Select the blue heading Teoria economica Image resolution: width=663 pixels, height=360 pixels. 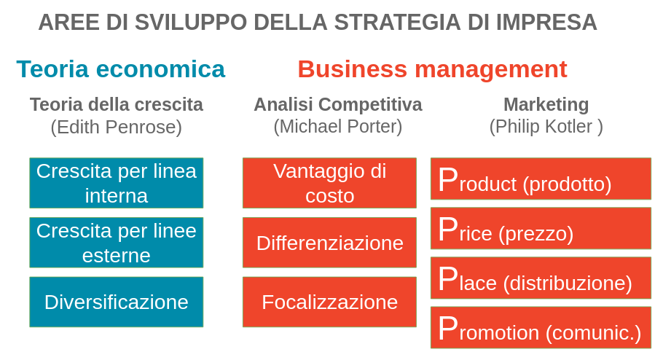tap(121, 69)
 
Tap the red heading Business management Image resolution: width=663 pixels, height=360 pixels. tap(432, 69)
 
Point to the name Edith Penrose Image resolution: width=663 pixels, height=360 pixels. tap(117, 127)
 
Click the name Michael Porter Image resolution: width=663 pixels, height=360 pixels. tap(338, 127)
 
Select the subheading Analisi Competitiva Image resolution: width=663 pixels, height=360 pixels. tap(338, 104)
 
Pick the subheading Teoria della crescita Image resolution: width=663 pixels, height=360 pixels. tap(117, 104)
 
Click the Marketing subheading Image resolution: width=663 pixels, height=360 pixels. tap(546, 105)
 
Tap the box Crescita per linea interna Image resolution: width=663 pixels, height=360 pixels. tap(117, 183)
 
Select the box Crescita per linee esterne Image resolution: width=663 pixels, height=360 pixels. tap(117, 243)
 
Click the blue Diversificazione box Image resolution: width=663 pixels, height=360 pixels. tap(117, 302)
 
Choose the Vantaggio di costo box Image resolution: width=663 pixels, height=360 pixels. tap(329, 183)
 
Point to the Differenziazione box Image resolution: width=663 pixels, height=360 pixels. tap(329, 243)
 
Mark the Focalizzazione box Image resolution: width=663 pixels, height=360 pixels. tap(329, 302)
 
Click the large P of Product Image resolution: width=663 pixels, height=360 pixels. tap(448, 179)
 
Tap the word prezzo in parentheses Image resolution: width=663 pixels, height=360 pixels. tap(536, 233)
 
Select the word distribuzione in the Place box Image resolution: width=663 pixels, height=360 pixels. tap(568, 283)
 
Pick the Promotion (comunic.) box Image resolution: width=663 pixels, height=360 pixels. tap(541, 327)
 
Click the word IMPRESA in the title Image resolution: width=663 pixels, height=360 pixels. tap(546, 23)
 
